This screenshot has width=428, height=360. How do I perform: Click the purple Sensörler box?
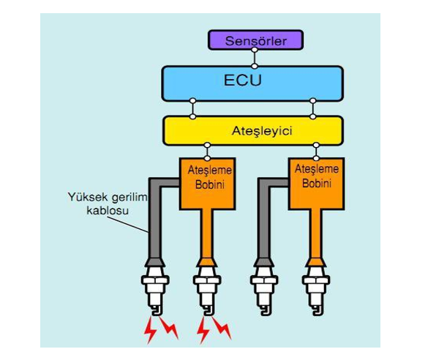pos(255,40)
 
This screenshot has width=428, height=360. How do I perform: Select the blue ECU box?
pos(252,83)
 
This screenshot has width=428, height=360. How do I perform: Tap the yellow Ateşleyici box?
pos(253,131)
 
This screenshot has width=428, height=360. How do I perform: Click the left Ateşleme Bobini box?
pos(208,184)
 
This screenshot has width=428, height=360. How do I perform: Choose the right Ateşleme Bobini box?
pos(317,184)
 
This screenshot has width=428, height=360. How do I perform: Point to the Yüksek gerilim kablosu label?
pos(108,203)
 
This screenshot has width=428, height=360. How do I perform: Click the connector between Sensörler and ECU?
pos(255,58)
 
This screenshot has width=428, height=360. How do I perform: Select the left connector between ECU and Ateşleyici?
pos(192,108)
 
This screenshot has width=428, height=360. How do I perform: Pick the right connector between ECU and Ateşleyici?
pos(313,108)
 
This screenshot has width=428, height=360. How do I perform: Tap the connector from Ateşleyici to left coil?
pos(207,151)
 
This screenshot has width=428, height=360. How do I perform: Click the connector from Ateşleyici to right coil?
pos(316,151)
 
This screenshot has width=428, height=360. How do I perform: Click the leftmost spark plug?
pos(155,290)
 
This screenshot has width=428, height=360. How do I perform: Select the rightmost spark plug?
pos(316,290)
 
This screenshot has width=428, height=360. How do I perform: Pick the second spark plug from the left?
pos(207,290)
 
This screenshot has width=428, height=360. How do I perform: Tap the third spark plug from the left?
pos(264,290)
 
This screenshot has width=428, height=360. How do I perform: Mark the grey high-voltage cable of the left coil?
pos(155,218)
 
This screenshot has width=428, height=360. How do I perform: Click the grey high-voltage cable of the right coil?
pos(263,218)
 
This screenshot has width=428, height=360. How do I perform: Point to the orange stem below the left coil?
pos(207,235)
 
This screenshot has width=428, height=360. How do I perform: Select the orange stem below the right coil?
pos(316,235)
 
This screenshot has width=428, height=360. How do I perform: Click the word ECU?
pos(243,80)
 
